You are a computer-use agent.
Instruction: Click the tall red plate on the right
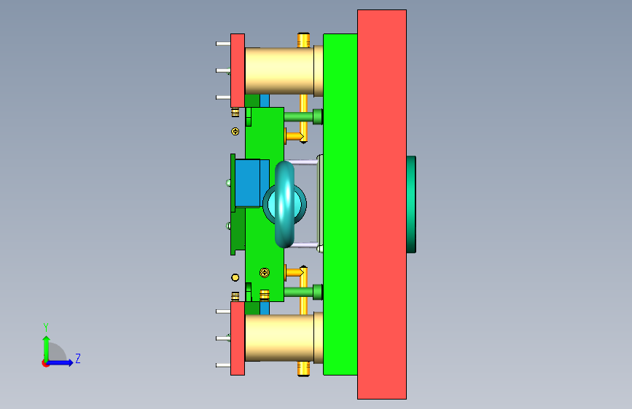tap(382, 204)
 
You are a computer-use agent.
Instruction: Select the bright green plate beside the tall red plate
tap(340, 204)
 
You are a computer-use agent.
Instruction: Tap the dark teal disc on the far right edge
tap(411, 204)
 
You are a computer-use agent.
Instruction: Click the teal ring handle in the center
tap(284, 204)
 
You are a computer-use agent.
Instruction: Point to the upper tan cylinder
tap(279, 71)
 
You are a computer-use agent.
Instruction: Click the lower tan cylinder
tap(279, 338)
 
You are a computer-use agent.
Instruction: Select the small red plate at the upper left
tap(238, 71)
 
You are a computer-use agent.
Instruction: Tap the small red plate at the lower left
tap(238, 338)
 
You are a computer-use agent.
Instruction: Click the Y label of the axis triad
tap(46, 327)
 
